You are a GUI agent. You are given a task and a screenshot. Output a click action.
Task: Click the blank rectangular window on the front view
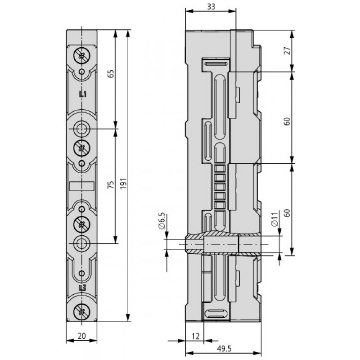click(x=81, y=186)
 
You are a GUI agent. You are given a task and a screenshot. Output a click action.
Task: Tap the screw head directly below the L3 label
click(x=81, y=310)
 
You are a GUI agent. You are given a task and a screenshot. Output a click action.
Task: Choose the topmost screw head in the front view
click(x=81, y=56)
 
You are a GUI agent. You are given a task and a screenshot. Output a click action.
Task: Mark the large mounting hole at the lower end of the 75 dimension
click(x=81, y=243)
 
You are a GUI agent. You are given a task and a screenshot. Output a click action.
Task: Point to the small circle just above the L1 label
click(x=81, y=72)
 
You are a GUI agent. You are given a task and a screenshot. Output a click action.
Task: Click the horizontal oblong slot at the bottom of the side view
click(x=216, y=314)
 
